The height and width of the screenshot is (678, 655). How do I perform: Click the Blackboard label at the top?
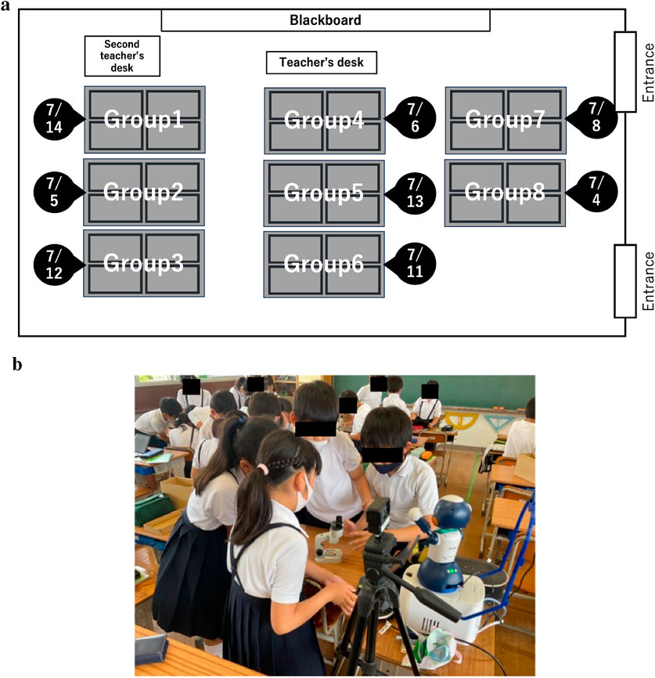325,20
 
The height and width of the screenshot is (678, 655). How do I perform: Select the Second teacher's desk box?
122,56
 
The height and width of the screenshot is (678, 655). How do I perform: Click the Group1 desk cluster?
144,120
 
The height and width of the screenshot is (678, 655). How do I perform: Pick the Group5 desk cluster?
324,193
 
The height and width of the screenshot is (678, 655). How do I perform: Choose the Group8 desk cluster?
505,193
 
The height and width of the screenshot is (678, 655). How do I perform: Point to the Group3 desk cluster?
144,264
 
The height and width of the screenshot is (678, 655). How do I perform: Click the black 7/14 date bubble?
54,119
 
